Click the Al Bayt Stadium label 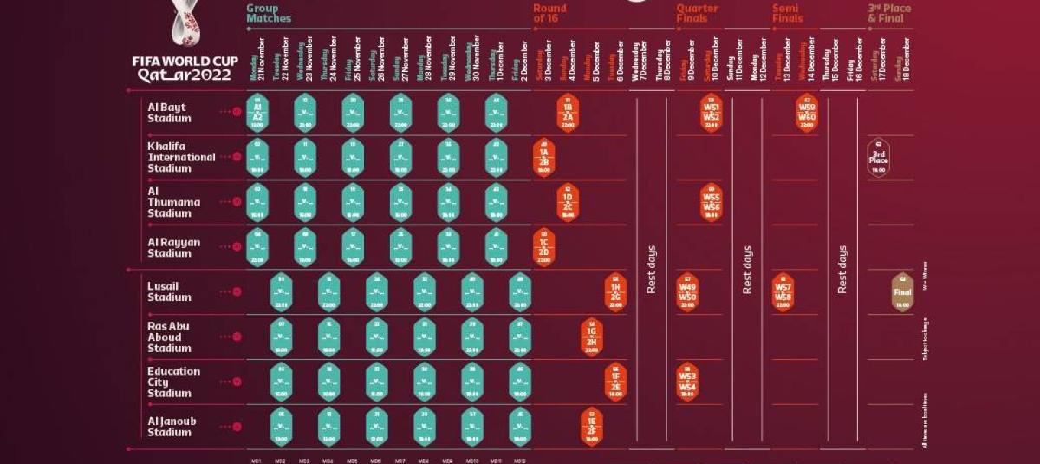point(166,113)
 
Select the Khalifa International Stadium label point(181,157)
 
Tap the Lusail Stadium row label point(169,291)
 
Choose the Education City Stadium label point(173,382)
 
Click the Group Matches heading point(269,13)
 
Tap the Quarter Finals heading point(697,13)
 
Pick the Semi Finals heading point(787,13)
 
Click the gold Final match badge point(902,292)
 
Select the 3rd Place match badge point(878,157)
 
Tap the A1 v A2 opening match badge point(257,113)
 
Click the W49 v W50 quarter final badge point(687,292)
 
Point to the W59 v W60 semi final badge point(807,113)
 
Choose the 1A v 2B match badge point(544,157)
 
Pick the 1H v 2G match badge point(615,292)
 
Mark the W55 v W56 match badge point(711,202)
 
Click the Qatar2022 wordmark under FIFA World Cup point(185,75)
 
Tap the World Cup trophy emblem point(185,24)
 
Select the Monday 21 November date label point(257,59)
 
